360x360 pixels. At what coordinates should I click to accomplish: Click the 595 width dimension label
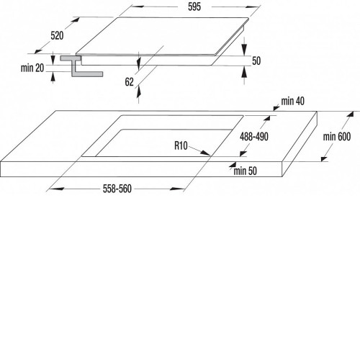click(x=194, y=6)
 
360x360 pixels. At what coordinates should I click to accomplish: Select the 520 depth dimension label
click(x=57, y=36)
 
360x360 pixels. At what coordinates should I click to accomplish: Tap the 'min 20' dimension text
click(x=32, y=68)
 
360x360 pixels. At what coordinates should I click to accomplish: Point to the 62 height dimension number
click(x=129, y=82)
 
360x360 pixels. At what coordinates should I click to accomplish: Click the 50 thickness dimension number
click(x=256, y=60)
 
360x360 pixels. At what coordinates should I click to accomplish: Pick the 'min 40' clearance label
click(x=293, y=101)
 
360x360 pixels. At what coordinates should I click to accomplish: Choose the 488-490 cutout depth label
click(x=254, y=137)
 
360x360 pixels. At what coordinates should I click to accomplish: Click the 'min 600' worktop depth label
click(x=337, y=137)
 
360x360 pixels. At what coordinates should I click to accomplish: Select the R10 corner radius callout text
click(x=181, y=145)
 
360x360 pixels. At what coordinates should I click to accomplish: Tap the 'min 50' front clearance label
click(x=245, y=171)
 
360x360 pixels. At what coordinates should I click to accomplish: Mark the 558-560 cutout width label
click(x=117, y=189)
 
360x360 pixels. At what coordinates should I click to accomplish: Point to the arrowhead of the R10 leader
click(x=206, y=153)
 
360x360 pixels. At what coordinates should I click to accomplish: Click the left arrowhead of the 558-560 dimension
click(x=55, y=189)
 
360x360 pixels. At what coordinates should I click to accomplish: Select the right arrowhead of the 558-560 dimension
click(x=177, y=189)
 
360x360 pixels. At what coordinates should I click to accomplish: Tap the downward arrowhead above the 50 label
click(x=244, y=49)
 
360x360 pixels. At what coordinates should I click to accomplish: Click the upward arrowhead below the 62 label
click(x=138, y=92)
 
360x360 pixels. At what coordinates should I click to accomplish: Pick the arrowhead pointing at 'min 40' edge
click(x=276, y=109)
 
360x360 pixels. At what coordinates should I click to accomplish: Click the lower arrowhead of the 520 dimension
click(x=38, y=51)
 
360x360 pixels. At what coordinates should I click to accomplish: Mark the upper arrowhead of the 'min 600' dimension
click(x=350, y=114)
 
